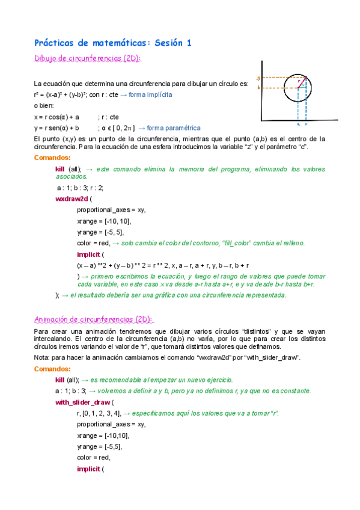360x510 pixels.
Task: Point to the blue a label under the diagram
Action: click(298, 124)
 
